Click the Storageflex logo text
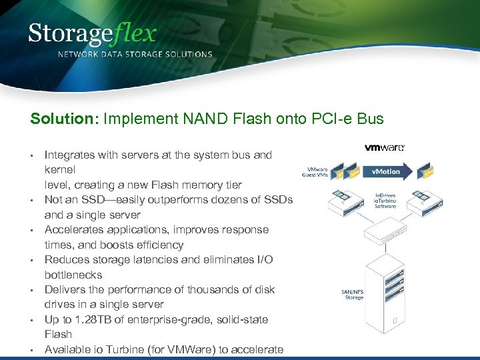click(x=92, y=33)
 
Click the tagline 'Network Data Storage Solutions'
click(x=135, y=54)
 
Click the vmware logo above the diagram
click(x=384, y=147)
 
